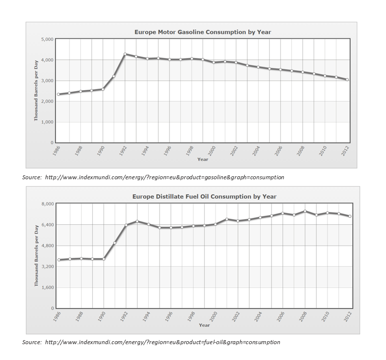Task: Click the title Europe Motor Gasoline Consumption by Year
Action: (203, 32)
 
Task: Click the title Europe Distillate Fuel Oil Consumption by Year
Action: (204, 197)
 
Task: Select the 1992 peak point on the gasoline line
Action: (125, 54)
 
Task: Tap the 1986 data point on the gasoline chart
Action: (58, 94)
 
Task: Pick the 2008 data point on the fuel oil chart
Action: (305, 211)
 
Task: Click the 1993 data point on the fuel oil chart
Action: (137, 221)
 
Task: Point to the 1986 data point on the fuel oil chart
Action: (58, 260)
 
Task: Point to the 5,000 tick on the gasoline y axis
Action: (47, 39)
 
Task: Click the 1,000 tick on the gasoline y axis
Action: (47, 122)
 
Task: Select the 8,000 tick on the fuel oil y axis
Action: (47, 204)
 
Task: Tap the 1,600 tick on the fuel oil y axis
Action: (47, 287)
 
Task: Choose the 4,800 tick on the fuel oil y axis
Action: (47, 246)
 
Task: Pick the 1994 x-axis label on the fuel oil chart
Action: (146, 317)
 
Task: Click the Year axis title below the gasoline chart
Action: (203, 159)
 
